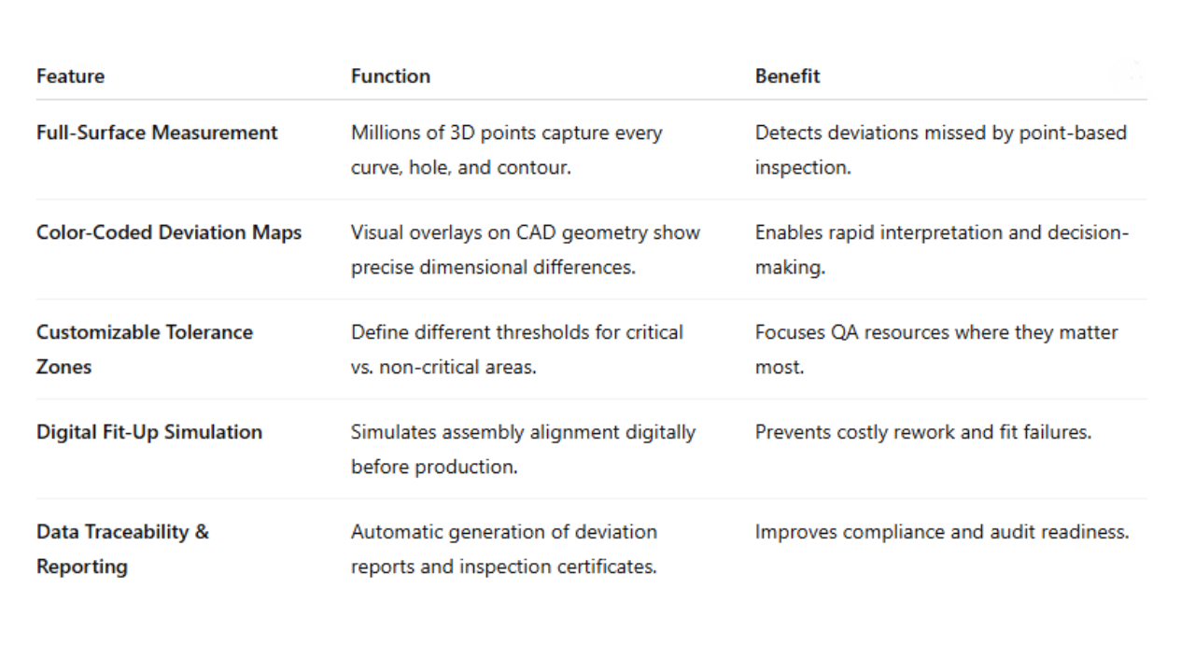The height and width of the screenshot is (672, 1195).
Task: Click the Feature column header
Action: coord(70,77)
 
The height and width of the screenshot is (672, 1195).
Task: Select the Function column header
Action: coord(390,77)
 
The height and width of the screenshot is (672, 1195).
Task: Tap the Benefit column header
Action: coord(787,77)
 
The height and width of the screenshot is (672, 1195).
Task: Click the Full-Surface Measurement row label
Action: coord(157,133)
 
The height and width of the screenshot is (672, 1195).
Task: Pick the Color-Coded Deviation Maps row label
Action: coord(169,232)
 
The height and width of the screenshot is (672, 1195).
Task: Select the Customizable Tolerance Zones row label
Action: coord(145,349)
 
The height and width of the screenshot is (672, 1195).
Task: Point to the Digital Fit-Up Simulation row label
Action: coord(149,432)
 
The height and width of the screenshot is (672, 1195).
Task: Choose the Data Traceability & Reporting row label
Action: coord(122,549)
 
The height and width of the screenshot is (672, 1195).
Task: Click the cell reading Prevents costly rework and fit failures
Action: coord(922,432)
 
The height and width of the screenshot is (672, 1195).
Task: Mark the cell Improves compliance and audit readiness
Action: coord(941,532)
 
